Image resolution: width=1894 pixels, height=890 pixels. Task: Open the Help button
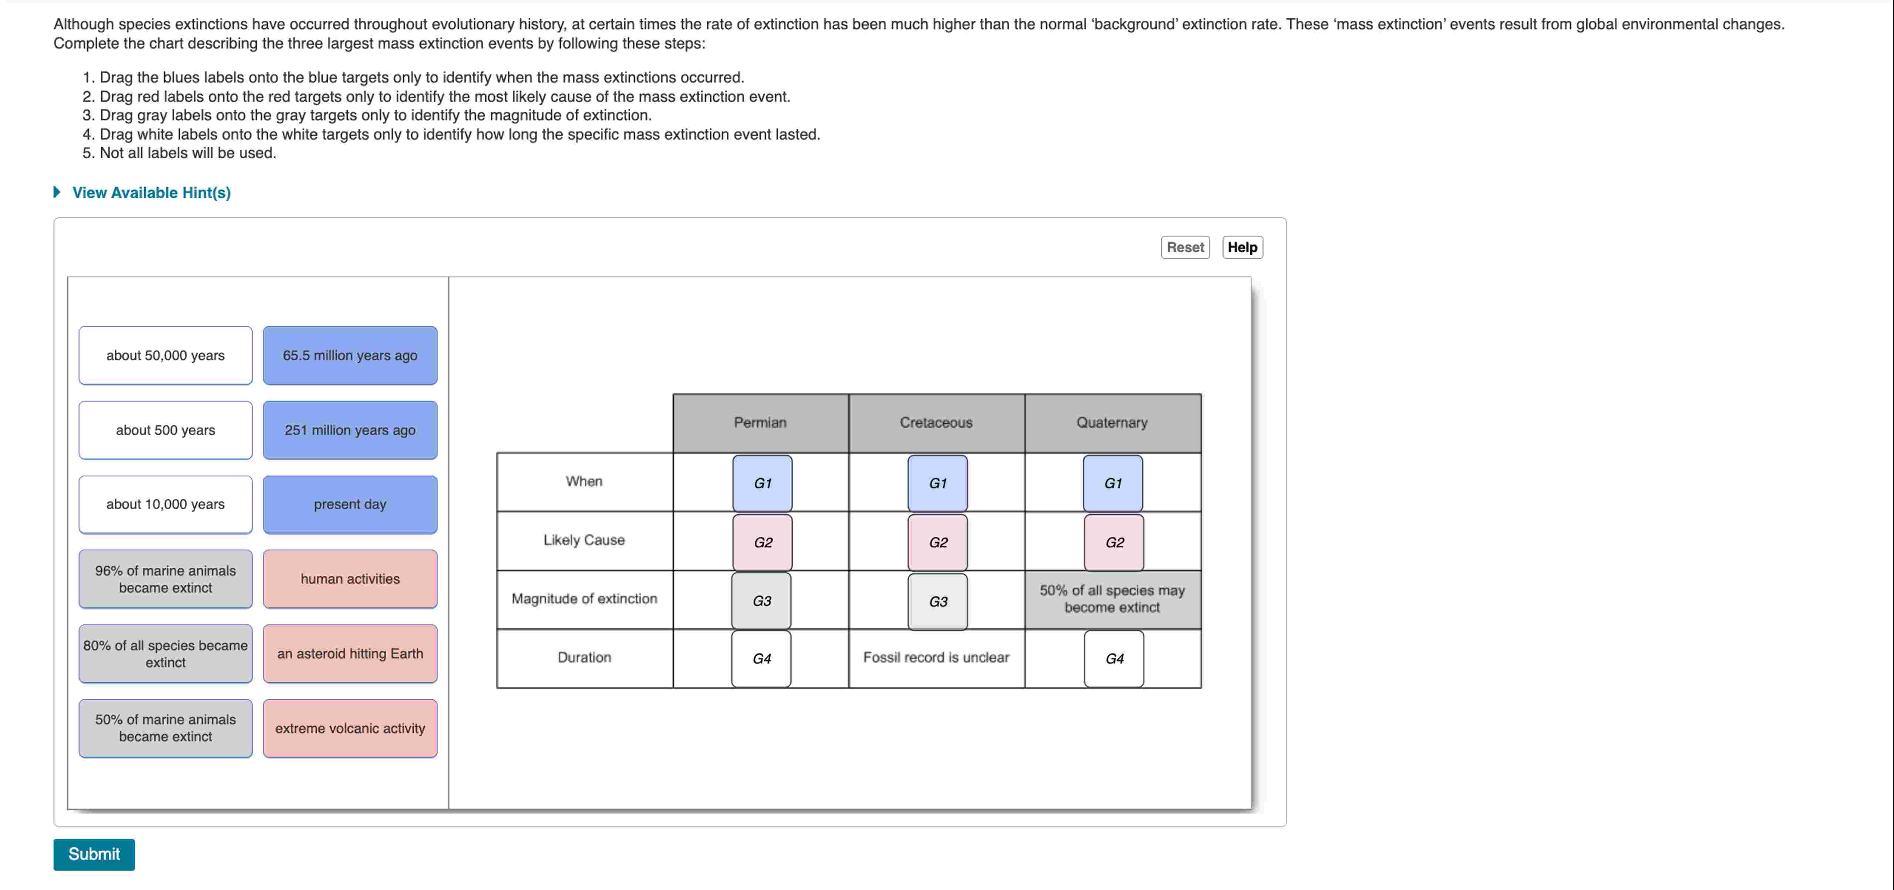coord(1242,247)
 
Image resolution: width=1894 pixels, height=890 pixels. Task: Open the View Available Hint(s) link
coord(151,193)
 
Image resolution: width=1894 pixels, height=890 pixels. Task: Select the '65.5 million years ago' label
coord(350,355)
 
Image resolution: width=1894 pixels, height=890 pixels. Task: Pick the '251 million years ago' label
coord(350,430)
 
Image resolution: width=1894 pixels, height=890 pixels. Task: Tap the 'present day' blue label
coord(350,504)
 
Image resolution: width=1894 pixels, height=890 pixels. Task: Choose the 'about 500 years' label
coord(165,430)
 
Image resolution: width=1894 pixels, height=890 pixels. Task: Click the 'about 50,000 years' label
coord(165,355)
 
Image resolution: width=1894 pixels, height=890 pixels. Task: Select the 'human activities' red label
coord(350,579)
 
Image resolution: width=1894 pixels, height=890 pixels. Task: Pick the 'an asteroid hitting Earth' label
coord(350,654)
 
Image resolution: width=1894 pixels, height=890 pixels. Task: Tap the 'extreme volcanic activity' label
coord(350,728)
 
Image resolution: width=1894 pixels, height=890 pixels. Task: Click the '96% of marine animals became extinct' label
coord(165,579)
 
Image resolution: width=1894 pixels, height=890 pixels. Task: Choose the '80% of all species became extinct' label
coord(165,654)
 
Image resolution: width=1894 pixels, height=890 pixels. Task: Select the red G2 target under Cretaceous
coord(938,542)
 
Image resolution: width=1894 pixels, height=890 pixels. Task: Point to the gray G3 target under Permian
coord(762,601)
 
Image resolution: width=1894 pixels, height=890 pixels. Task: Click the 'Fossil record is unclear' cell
coord(936,658)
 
